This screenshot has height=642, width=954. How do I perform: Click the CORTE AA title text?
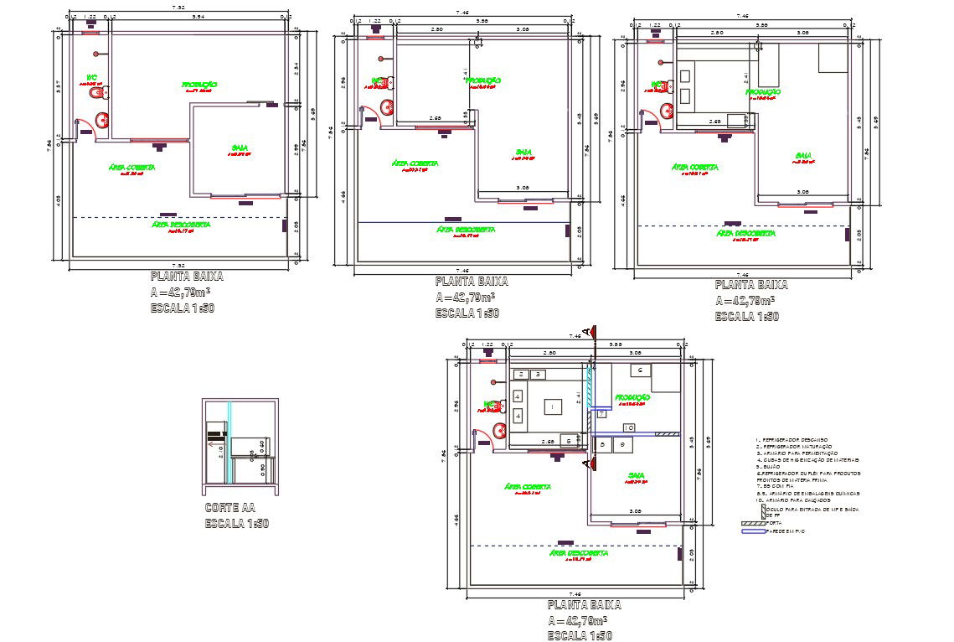pos(229,508)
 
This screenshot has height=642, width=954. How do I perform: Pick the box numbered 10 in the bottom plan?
pos(628,428)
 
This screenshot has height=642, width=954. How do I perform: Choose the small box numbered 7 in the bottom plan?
pos(601,413)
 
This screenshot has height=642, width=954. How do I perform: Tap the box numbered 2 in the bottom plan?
pos(522,374)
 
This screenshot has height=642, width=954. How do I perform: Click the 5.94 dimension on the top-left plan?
pos(198,17)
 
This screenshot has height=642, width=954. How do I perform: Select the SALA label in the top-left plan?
pos(240,148)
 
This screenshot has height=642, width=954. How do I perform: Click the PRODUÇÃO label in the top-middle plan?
pos(483,80)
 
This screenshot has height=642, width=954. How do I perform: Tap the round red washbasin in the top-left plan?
pos(103,120)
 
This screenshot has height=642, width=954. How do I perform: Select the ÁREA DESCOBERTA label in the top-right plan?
pos(745,233)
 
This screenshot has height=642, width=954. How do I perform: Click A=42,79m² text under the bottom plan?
pos(577,621)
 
